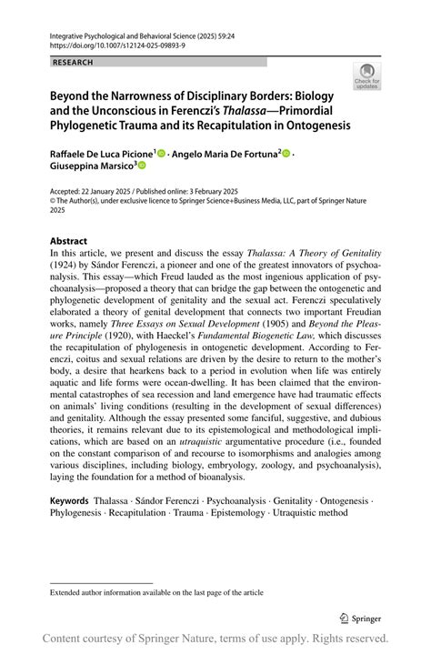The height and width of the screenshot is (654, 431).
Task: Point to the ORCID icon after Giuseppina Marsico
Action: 142,166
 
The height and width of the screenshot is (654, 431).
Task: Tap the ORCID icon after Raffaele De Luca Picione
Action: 162,152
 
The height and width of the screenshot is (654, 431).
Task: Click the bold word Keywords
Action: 69,501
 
